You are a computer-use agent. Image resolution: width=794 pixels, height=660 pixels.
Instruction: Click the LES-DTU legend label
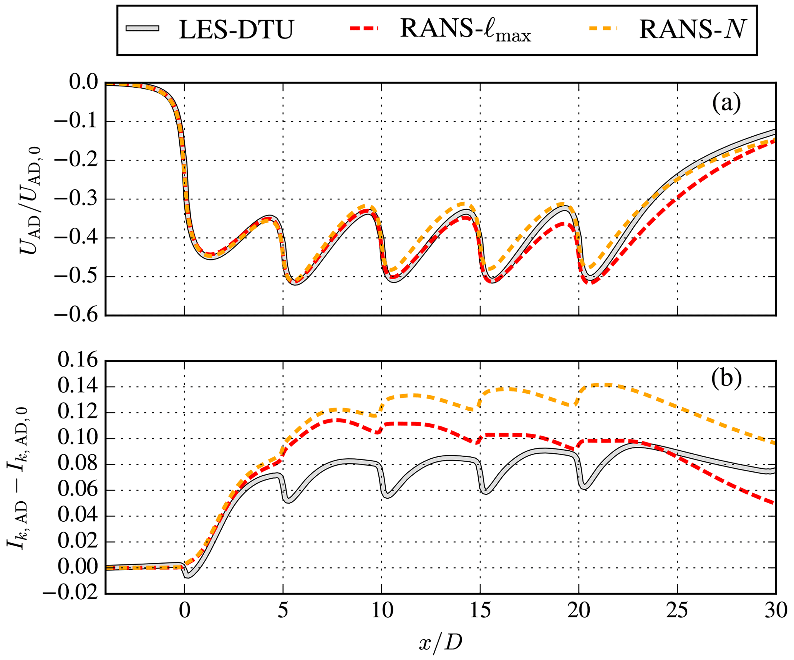click(236, 30)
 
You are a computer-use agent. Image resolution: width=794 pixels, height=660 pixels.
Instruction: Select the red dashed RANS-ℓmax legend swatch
click(364, 28)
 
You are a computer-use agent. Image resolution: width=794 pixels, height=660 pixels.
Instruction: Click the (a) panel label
click(726, 103)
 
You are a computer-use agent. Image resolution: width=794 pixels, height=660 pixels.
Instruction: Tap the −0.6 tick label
click(76, 315)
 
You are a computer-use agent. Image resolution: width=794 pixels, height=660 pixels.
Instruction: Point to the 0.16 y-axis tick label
click(78, 361)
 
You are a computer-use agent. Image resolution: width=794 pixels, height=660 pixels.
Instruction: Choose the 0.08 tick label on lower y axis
click(78, 464)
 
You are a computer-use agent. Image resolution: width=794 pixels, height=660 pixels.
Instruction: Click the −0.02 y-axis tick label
click(70, 593)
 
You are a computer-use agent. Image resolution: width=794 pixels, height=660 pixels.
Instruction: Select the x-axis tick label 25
click(677, 611)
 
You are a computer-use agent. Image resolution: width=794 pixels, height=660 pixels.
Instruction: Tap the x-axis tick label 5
click(283, 611)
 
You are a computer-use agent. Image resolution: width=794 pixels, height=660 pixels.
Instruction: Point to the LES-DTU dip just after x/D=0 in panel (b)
click(187, 577)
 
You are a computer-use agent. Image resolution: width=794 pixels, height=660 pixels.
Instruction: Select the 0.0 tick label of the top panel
click(83, 83)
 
